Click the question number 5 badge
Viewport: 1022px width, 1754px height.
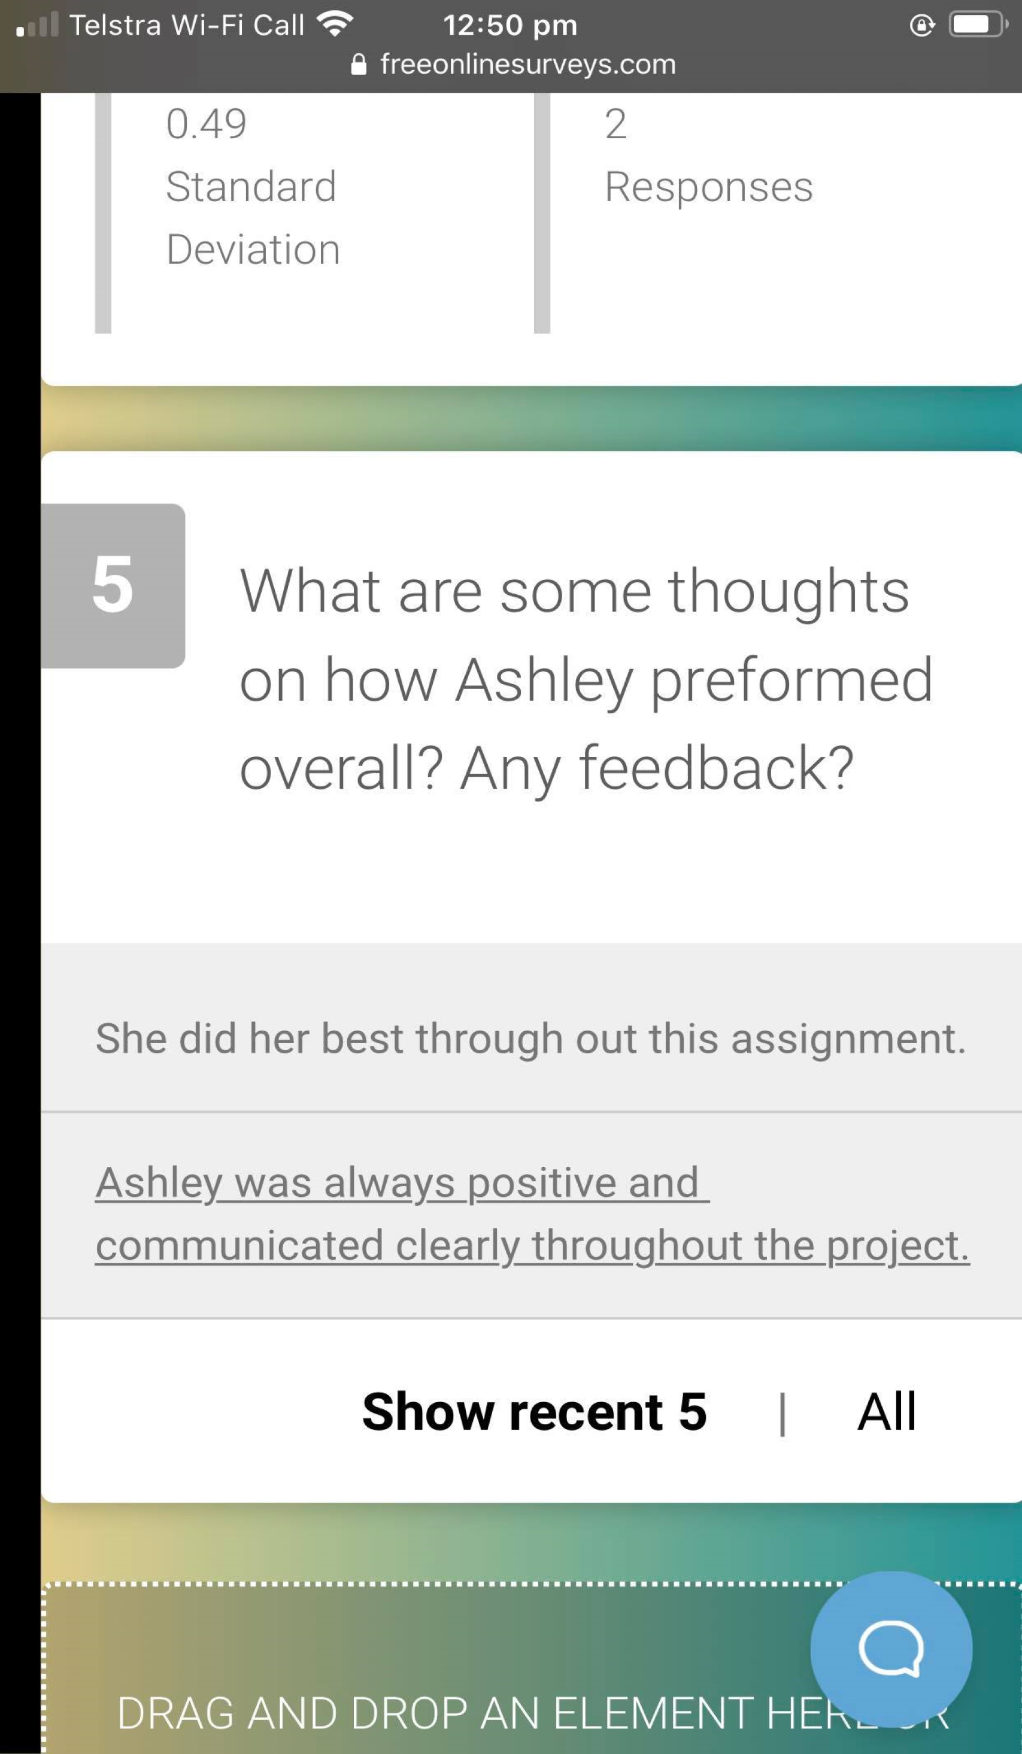(x=113, y=585)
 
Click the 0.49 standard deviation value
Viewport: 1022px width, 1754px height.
(x=206, y=124)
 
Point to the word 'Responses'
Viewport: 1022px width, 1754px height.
(x=708, y=187)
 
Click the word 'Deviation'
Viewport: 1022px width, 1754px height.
(x=253, y=249)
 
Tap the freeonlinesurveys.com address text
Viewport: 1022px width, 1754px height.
(x=527, y=64)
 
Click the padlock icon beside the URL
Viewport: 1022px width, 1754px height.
(x=359, y=64)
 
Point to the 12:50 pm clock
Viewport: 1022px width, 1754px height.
(x=510, y=25)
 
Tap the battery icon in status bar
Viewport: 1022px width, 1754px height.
(x=978, y=25)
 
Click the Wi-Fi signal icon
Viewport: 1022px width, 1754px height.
(x=334, y=25)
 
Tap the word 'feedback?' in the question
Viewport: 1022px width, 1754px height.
(x=717, y=767)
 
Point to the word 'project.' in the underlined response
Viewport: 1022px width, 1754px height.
(x=898, y=1247)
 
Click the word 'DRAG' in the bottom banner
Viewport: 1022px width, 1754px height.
(x=175, y=1713)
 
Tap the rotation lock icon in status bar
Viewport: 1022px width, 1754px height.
(x=922, y=25)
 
